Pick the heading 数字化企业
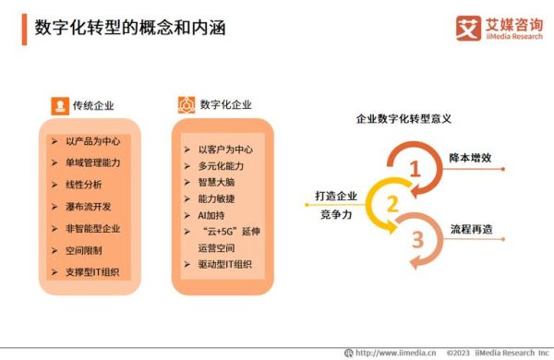tap(225, 105)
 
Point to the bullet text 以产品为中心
tap(92, 141)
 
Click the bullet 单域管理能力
tap(92, 162)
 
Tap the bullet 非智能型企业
tap(92, 228)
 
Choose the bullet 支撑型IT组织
tap(98, 271)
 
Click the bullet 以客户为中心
tap(225, 149)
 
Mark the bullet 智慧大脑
tap(218, 182)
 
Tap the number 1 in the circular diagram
tap(415, 169)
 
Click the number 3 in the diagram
tap(417, 239)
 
